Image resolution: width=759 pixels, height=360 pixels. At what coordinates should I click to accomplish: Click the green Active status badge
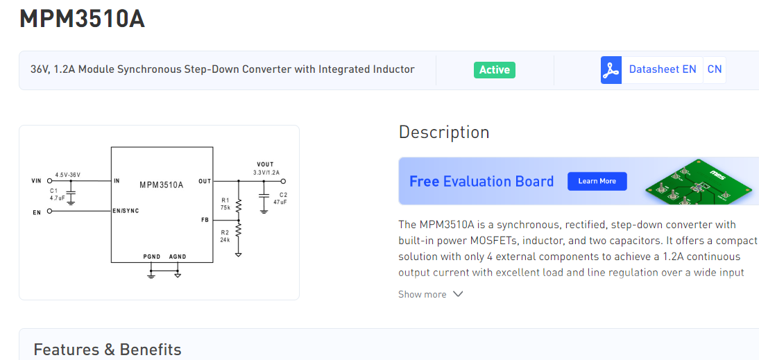494,69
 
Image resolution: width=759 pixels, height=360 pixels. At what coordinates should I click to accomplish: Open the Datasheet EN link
662,69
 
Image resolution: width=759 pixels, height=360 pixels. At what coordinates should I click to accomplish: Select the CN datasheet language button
714,69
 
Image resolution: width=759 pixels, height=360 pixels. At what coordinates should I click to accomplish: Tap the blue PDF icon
611,70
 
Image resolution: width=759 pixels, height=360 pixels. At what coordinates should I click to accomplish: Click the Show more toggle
430,294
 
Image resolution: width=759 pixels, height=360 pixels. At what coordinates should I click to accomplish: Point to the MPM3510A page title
82,19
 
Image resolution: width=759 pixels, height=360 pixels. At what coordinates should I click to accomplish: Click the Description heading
444,132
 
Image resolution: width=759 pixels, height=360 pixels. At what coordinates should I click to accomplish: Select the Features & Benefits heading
108,349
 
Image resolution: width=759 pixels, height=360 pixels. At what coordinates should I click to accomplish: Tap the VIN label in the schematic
37,181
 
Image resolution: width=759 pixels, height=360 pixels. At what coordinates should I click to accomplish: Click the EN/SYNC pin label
126,211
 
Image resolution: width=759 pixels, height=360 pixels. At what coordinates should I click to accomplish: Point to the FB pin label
205,219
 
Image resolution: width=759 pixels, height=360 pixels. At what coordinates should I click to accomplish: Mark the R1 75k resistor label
225,204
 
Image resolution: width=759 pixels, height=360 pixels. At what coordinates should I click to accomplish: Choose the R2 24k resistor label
225,237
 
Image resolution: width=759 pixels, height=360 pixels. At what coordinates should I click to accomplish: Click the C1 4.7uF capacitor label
55,194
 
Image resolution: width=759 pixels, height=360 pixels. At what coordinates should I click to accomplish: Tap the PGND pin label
151,257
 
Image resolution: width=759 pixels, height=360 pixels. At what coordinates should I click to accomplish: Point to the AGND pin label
178,257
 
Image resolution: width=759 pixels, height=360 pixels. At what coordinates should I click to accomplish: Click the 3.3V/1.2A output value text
266,172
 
